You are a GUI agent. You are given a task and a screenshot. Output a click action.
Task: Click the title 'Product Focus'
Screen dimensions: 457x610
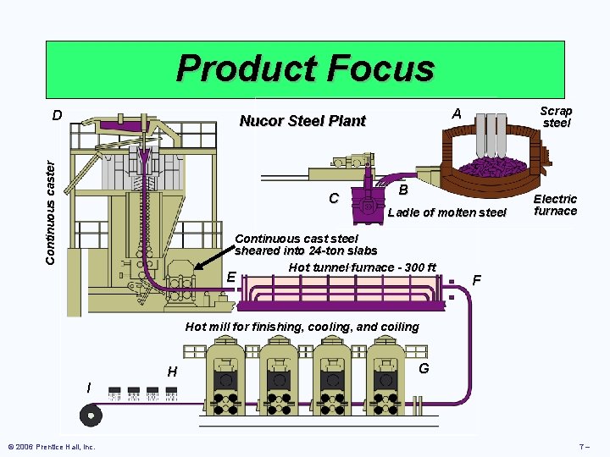tap(305, 69)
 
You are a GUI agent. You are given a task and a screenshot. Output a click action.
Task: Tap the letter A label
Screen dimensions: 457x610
tap(457, 114)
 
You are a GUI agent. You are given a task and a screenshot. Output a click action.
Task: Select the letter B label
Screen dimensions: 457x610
tap(404, 189)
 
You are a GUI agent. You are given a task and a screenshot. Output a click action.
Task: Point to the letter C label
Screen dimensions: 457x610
tap(334, 200)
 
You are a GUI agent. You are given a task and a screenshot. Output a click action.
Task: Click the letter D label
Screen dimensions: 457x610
tap(56, 115)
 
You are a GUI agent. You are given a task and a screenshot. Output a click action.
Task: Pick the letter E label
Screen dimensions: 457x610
tap(230, 277)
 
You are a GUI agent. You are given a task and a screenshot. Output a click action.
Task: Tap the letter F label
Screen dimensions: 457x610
tap(477, 280)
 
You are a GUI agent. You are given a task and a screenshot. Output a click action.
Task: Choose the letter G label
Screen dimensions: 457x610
tap(424, 368)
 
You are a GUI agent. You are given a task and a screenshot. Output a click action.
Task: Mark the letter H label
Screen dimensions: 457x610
tap(172, 372)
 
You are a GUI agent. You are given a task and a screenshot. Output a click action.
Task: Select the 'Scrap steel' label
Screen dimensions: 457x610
tap(556, 117)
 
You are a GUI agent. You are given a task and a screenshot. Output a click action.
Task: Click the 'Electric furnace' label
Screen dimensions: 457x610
tap(555, 205)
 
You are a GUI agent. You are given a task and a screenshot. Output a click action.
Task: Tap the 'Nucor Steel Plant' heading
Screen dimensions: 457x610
tap(302, 121)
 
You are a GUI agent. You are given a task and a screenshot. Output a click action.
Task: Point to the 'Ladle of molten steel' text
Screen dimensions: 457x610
tap(446, 212)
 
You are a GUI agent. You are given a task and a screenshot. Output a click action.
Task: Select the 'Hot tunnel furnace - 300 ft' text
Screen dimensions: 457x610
tap(362, 268)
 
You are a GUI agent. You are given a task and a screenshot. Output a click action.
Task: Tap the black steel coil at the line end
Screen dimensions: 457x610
tap(90, 415)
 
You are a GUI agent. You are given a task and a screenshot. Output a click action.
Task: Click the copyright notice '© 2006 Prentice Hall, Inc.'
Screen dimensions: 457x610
tap(51, 446)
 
